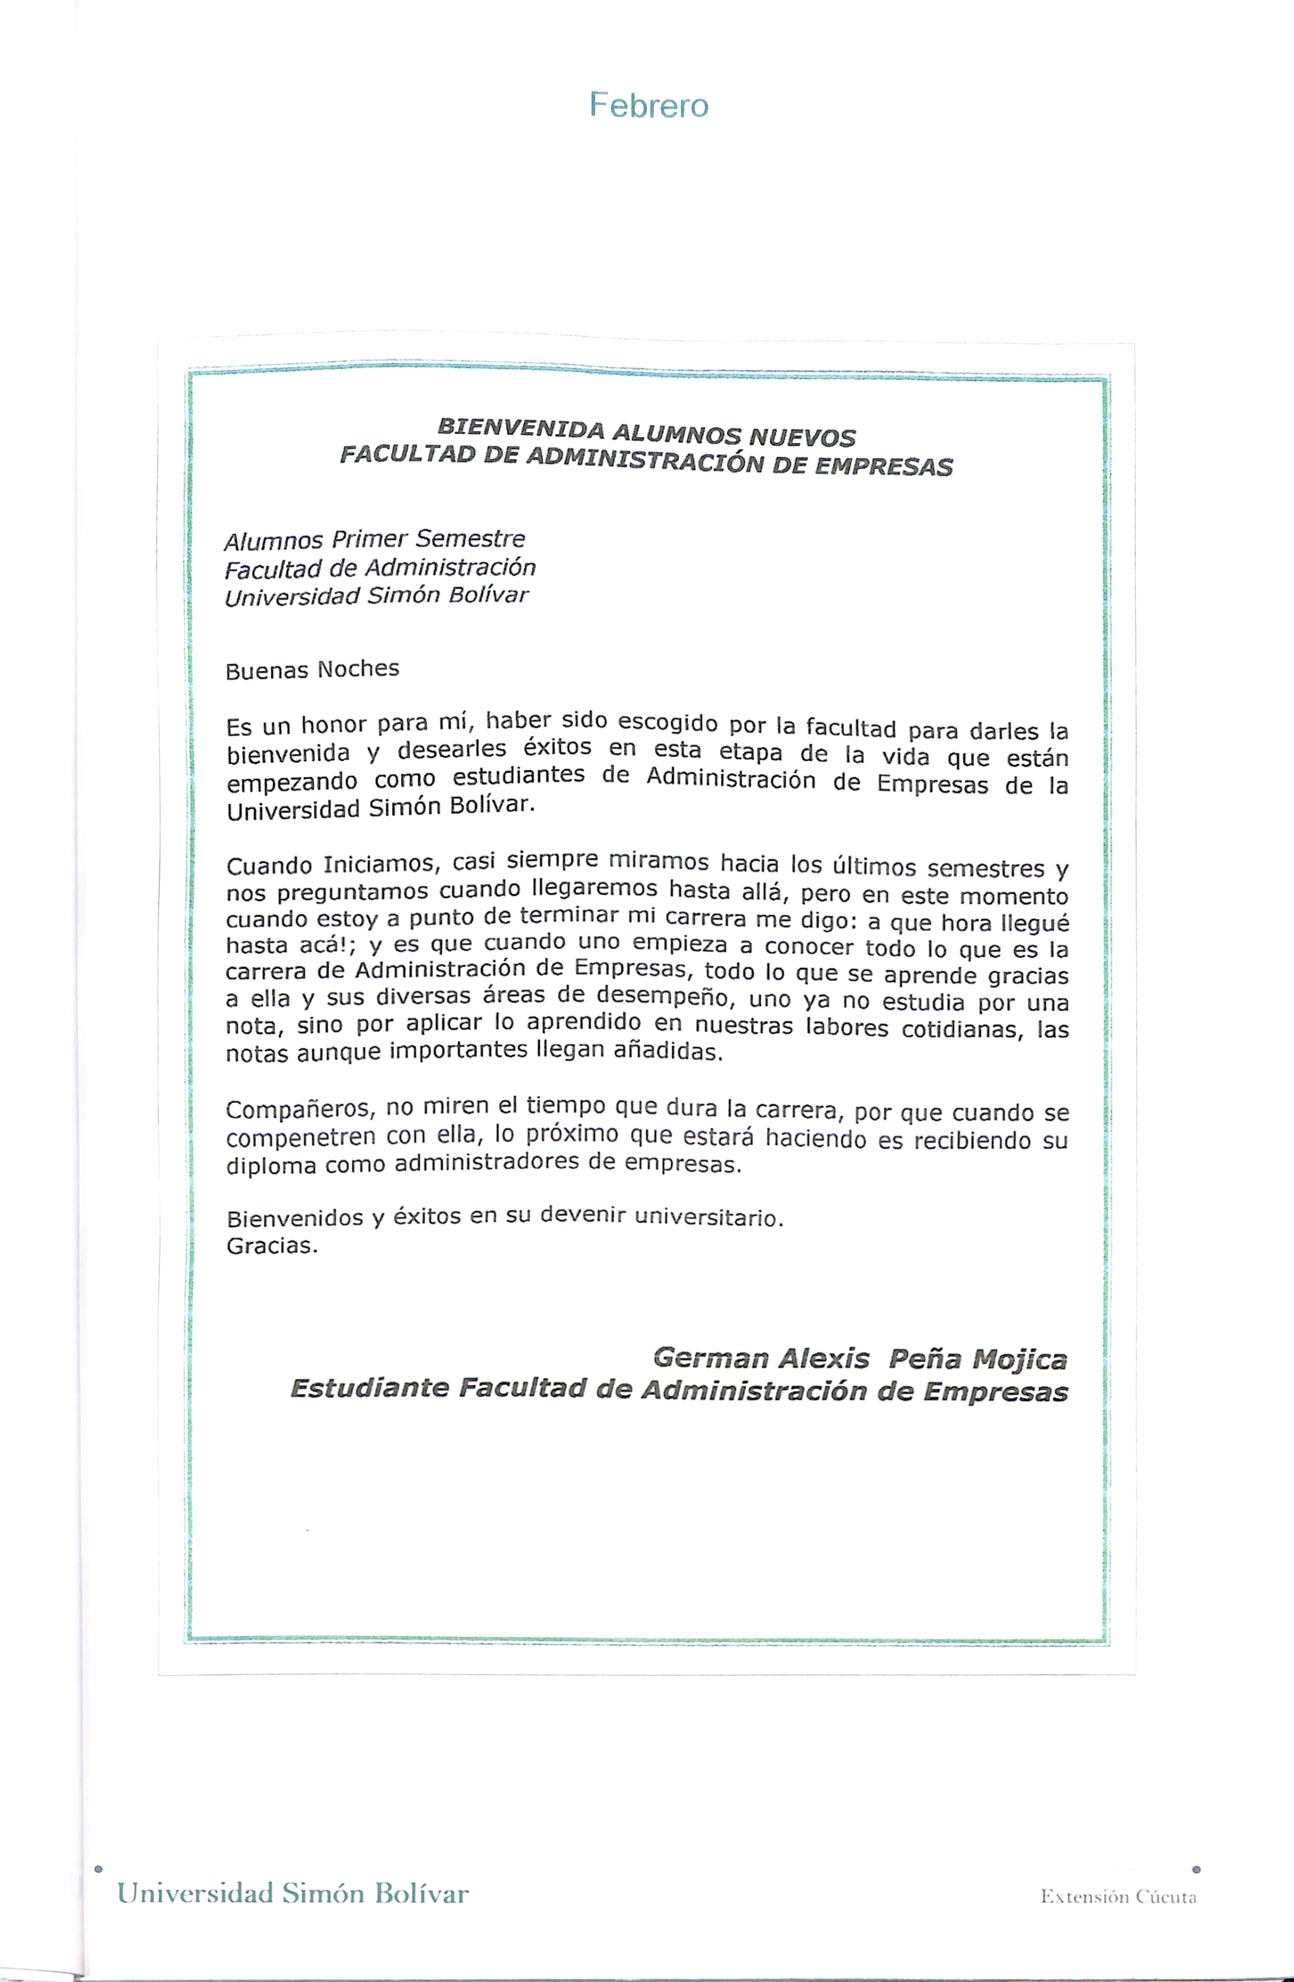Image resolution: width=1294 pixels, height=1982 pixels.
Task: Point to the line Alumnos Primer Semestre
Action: point(375,540)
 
